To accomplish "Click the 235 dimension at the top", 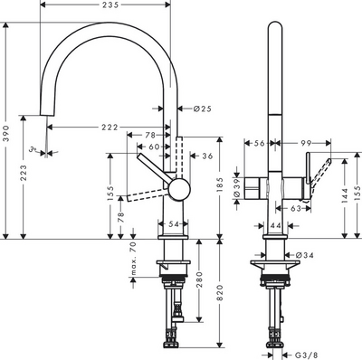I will pos(111,7).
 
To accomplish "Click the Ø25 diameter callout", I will pos(203,109).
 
